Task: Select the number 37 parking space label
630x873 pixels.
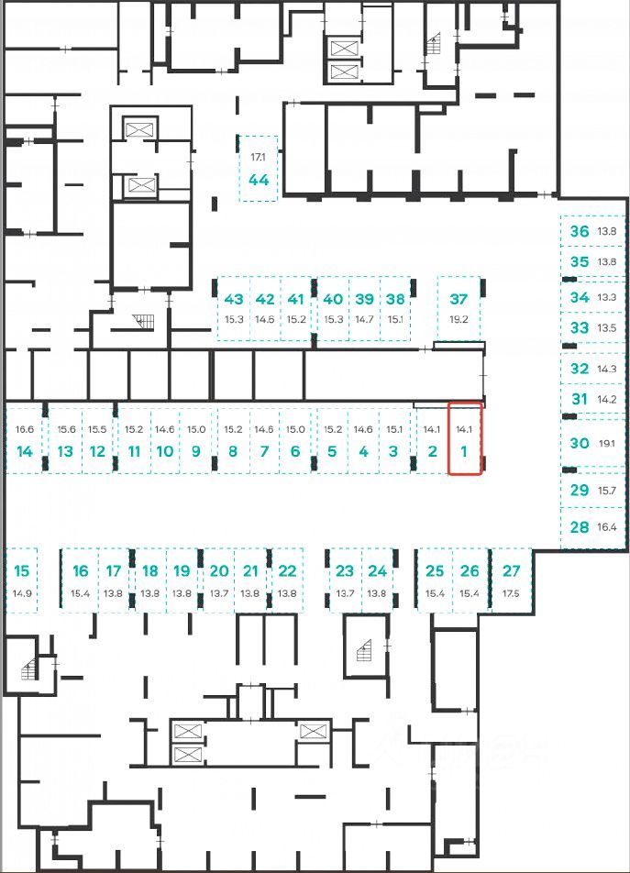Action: (459, 299)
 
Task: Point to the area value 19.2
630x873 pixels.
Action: (459, 319)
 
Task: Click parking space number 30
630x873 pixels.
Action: (580, 443)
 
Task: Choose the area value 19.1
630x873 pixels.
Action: (607, 443)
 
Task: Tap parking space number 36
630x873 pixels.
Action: (580, 231)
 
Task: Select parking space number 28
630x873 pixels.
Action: (580, 527)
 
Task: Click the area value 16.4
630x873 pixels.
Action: (607, 527)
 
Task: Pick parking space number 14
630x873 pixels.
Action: (25, 450)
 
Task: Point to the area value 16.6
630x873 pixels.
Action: (25, 429)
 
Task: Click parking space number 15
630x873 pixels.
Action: (22, 571)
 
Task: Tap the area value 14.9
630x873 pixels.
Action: (22, 593)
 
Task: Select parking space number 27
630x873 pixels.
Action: (511, 571)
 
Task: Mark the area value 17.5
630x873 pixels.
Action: (511, 593)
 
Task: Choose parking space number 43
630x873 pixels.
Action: (234, 299)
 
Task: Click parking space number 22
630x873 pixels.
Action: (287, 571)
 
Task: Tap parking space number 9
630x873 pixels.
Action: (196, 450)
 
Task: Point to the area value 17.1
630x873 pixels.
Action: (259, 158)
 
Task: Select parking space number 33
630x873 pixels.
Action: (580, 327)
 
